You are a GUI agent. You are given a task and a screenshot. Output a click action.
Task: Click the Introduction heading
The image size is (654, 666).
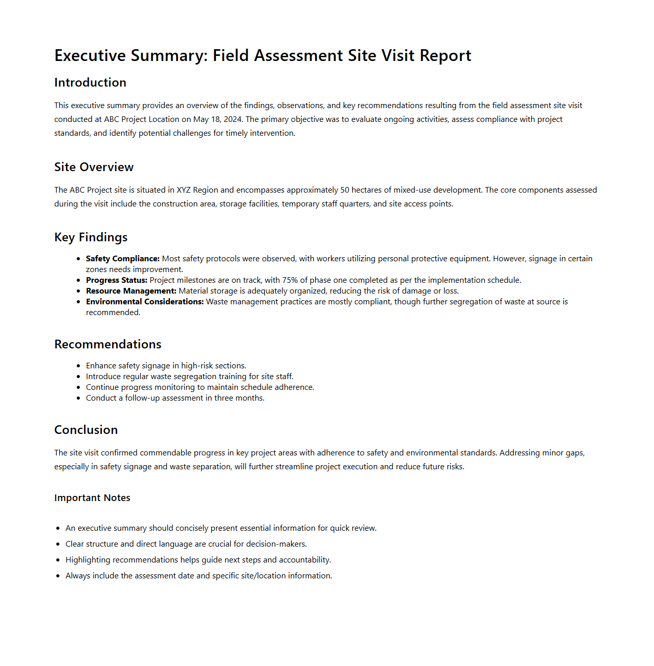(90, 82)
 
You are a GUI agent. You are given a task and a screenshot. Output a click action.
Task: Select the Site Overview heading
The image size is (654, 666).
(94, 167)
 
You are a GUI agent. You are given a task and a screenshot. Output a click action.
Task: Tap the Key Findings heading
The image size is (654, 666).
(91, 237)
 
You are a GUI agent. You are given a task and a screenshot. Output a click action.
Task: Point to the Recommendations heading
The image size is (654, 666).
(107, 344)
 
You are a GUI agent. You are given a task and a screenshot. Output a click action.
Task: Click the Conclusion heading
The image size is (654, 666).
(86, 430)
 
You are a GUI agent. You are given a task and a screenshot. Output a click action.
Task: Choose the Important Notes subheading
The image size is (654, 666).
(92, 498)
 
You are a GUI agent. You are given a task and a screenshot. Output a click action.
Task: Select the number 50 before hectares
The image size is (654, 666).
(344, 190)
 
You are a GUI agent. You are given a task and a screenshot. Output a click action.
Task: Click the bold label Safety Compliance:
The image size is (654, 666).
(123, 259)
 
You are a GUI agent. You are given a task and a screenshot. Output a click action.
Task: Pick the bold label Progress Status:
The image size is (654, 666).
(117, 280)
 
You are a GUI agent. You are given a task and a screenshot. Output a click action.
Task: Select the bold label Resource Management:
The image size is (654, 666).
(131, 291)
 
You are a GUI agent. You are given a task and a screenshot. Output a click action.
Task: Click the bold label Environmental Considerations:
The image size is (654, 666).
(145, 302)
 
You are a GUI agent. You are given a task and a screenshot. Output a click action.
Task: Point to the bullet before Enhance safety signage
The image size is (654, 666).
(78, 366)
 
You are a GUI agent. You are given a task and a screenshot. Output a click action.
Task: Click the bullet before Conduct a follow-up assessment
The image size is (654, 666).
(78, 398)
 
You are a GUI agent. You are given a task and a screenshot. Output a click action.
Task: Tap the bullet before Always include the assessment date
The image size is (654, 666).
(58, 576)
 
